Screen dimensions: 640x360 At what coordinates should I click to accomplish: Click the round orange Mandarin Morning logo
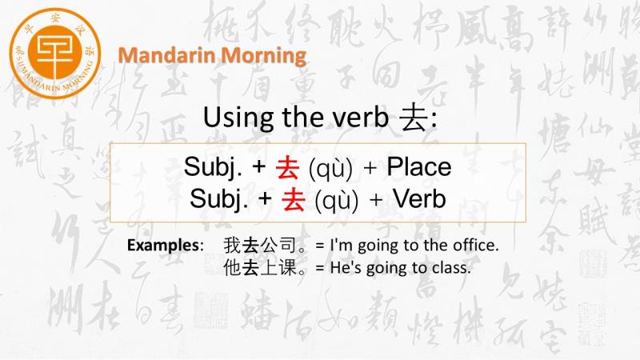[55, 54]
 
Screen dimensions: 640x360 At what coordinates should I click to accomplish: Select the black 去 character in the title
[413, 118]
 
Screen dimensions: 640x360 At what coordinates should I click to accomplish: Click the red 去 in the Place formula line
[287, 168]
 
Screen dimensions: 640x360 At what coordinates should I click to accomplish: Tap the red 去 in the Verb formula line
[294, 199]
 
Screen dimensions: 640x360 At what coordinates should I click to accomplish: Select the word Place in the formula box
[419, 166]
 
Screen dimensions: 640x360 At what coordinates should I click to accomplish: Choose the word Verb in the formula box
[419, 198]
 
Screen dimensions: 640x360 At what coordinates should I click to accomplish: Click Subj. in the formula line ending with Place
[213, 167]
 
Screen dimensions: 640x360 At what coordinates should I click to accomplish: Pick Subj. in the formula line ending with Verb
[218, 199]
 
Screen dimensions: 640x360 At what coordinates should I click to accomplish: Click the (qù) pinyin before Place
[330, 168]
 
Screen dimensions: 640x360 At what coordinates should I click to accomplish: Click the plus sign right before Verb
[376, 199]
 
